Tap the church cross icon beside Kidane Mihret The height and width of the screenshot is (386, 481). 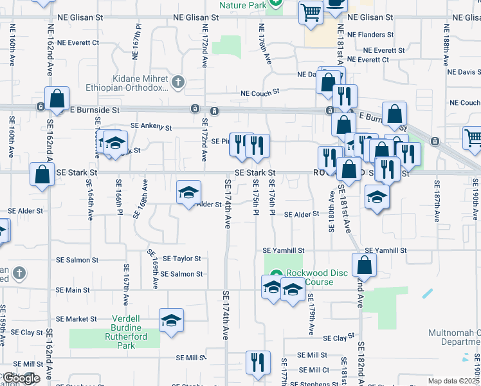click(x=178, y=82)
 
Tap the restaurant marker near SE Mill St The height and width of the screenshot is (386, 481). click(x=258, y=362)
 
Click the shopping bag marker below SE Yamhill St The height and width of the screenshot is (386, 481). click(x=364, y=264)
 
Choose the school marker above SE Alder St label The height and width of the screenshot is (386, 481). click(x=189, y=192)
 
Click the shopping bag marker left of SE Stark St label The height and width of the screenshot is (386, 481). click(x=42, y=174)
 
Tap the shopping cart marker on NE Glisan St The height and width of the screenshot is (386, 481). click(x=311, y=12)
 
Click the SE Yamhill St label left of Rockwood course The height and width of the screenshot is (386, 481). click(x=283, y=250)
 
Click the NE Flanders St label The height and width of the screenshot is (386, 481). click(x=370, y=35)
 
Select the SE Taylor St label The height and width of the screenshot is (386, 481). click(x=178, y=259)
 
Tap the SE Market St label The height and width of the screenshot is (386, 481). click(x=76, y=319)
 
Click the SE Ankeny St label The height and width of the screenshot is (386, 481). click(x=151, y=127)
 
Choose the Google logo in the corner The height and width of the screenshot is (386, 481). click(x=21, y=378)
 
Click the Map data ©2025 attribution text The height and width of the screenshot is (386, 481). click(x=454, y=381)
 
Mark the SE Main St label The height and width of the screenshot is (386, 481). click(x=73, y=291)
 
